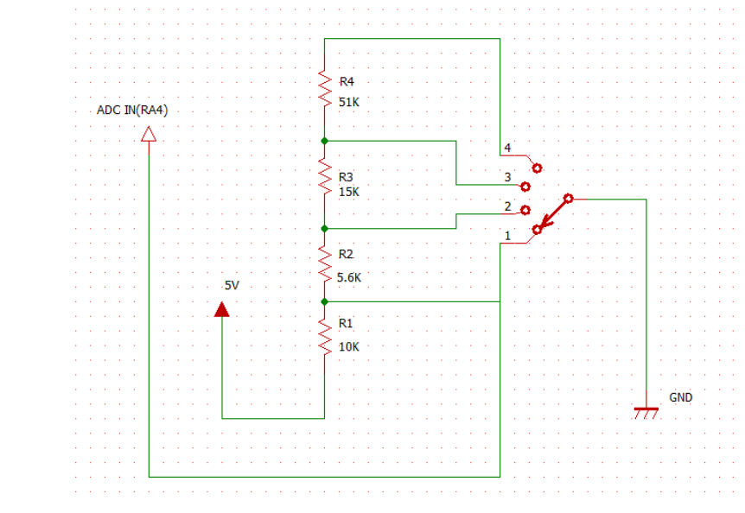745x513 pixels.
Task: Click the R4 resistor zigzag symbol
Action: (325, 89)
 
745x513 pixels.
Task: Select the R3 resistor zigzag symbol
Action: (325, 176)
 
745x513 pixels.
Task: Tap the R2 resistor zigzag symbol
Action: (325, 265)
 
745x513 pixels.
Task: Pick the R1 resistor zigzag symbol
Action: (325, 337)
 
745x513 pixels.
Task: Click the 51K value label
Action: (349, 102)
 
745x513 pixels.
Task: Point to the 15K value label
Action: (349, 192)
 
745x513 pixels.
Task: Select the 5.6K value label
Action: (349, 277)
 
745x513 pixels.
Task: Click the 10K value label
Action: (349, 347)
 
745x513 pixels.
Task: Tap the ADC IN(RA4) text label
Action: (132, 110)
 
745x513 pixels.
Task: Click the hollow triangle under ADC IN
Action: (149, 134)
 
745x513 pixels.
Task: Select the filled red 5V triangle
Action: (222, 309)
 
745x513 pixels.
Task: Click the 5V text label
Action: (232, 285)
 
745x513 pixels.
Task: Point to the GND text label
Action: (680, 397)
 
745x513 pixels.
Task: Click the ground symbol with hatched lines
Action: (646, 412)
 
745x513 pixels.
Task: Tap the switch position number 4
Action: (507, 148)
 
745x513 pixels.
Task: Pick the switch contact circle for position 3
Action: (525, 187)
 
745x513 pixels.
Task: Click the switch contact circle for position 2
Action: (525, 210)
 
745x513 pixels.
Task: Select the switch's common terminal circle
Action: (568, 199)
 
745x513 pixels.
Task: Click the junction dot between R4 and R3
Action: (324, 141)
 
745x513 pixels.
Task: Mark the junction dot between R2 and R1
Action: (324, 301)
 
